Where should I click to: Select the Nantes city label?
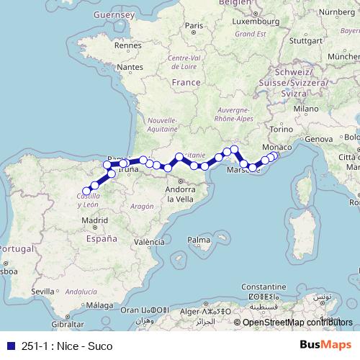pyautogui.click(x=131, y=67)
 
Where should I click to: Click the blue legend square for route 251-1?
pyautogui.click(x=10, y=346)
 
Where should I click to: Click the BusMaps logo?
pyautogui.click(x=325, y=346)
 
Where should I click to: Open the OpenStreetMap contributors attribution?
pyautogui.click(x=297, y=323)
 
